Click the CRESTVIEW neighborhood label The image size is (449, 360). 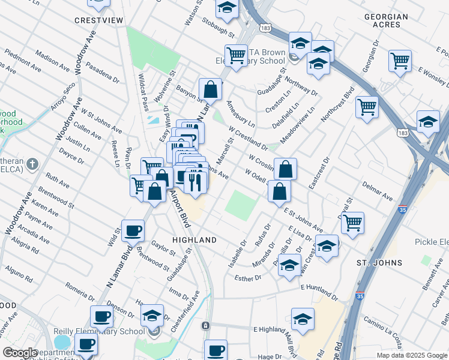98,20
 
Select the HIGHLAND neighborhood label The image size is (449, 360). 194,240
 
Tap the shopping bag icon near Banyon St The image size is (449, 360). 211,90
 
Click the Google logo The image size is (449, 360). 20,353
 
